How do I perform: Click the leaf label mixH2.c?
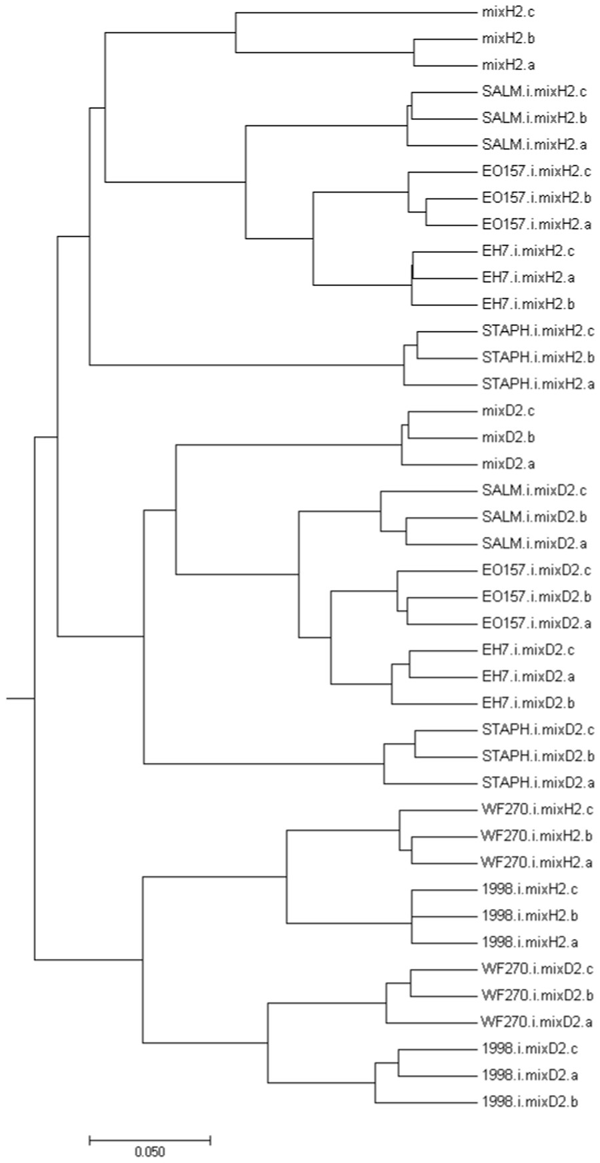pos(498,12)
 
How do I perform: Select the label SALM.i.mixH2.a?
pos(534,145)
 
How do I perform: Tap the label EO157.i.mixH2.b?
pos(537,198)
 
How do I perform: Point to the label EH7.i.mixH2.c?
pos(527,251)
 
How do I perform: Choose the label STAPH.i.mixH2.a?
pos(538,384)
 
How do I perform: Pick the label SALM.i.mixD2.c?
pos(534,491)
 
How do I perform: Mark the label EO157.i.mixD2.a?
pos(537,624)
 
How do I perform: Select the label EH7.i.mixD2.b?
pos(528,703)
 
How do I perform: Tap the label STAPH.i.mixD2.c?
pos(538,730)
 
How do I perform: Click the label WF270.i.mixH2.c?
pos(537,810)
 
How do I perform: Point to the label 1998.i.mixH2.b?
pos(529,916)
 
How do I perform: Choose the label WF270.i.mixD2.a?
pos(537,1022)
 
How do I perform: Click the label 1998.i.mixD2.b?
pos(529,1102)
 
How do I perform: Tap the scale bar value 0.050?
pos(149,1152)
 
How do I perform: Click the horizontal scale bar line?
pos(149,1141)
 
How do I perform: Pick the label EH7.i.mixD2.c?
pos(528,650)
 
